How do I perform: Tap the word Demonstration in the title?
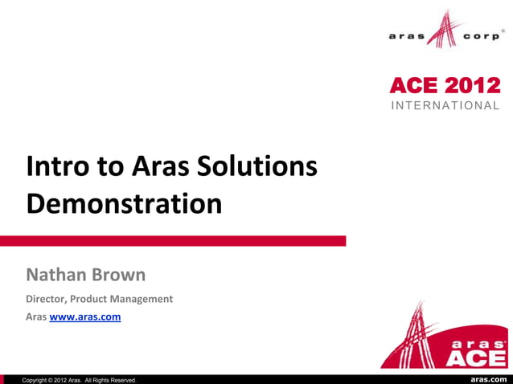(124, 203)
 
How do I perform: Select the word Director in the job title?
(48, 299)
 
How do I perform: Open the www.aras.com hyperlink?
(85, 317)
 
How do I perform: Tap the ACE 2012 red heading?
(445, 86)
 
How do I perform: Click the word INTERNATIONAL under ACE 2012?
(445, 106)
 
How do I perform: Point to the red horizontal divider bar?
(173, 240)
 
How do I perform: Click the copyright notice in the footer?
(79, 379)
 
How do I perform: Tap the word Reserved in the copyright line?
(121, 379)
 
